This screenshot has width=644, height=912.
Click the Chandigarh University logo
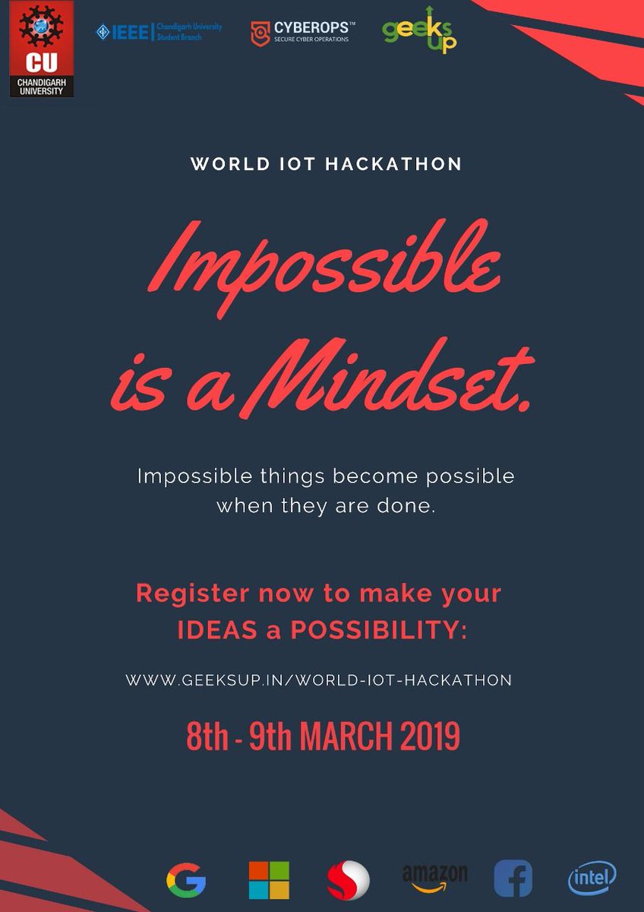pos(42,49)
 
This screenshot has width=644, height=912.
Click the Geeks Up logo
pos(420,31)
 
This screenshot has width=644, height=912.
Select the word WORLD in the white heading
pos(221,164)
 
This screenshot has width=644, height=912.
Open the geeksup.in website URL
pos(319,680)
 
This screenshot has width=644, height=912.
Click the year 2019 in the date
pos(427,736)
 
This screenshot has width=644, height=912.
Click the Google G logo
pos(186,879)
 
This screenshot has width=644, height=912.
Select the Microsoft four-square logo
pos(269,880)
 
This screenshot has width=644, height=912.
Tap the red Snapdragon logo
pos(348,880)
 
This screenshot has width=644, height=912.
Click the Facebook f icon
pos(513,879)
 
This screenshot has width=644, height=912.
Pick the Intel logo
pos(592,878)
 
